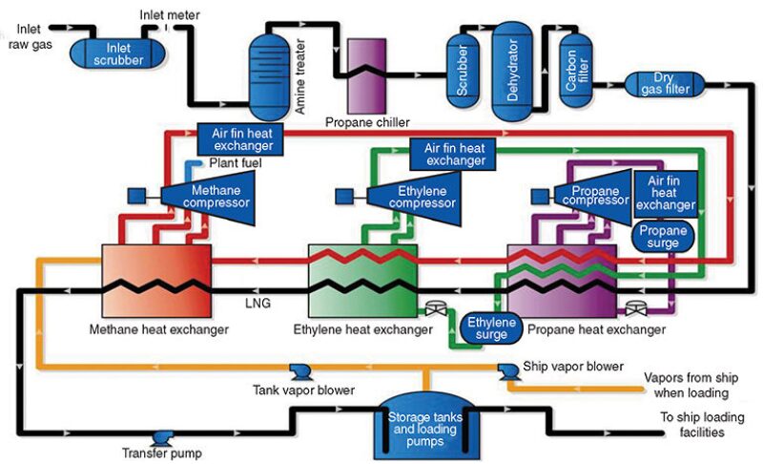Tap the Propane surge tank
(x=662, y=237)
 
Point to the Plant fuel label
(x=235, y=163)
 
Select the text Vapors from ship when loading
(x=687, y=384)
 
